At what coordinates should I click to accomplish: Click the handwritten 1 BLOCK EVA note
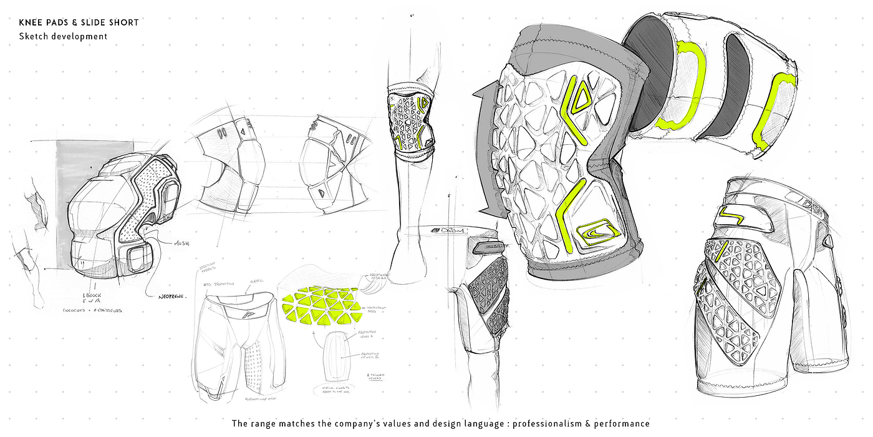click(x=92, y=298)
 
